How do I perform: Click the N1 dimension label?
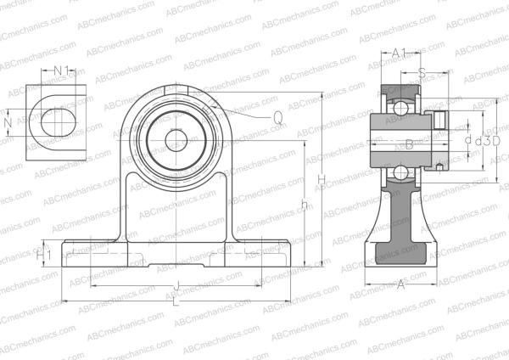[x=62, y=70]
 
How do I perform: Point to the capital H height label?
[x=321, y=178]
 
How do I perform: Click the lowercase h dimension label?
[x=304, y=203]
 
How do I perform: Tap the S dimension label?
[x=422, y=73]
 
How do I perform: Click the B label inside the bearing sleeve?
[x=409, y=145]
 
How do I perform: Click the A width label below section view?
[x=400, y=287]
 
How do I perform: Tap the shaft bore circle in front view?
[x=175, y=138]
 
